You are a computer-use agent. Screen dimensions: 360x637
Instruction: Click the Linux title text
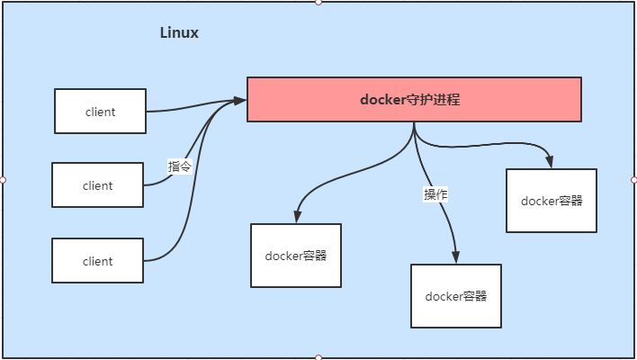tap(179, 33)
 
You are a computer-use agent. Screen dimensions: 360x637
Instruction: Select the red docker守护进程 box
tap(414, 100)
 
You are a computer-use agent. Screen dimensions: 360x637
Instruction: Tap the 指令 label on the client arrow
tap(180, 166)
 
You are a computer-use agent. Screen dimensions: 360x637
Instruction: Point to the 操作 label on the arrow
tap(435, 194)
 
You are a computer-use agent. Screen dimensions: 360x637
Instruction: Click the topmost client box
tap(100, 112)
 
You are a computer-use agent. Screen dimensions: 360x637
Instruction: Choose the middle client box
tap(97, 185)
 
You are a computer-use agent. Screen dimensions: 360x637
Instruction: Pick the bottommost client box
tap(97, 261)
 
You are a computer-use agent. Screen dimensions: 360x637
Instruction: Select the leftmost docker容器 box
tap(295, 255)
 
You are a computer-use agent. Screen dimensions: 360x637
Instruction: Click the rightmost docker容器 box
tap(551, 200)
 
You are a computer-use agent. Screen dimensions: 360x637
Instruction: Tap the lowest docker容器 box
tap(455, 296)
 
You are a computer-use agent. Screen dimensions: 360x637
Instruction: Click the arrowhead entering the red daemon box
tap(240, 100)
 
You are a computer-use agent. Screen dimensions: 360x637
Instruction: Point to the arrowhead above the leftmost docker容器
tap(295, 217)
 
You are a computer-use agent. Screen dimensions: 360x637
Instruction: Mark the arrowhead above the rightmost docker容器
tap(550, 162)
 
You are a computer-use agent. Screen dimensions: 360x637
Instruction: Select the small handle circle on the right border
tap(633, 180)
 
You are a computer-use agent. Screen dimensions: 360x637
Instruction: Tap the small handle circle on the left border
tap(3, 180)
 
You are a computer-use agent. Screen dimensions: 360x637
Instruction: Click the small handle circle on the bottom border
tap(318, 357)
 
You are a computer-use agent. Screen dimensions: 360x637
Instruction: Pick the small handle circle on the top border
tap(318, 3)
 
